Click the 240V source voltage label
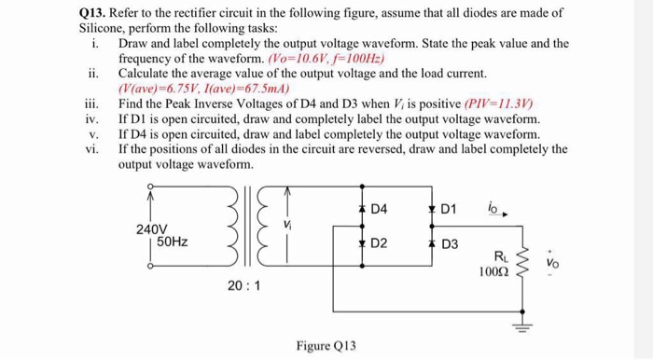[153, 229]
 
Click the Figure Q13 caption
[326, 344]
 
